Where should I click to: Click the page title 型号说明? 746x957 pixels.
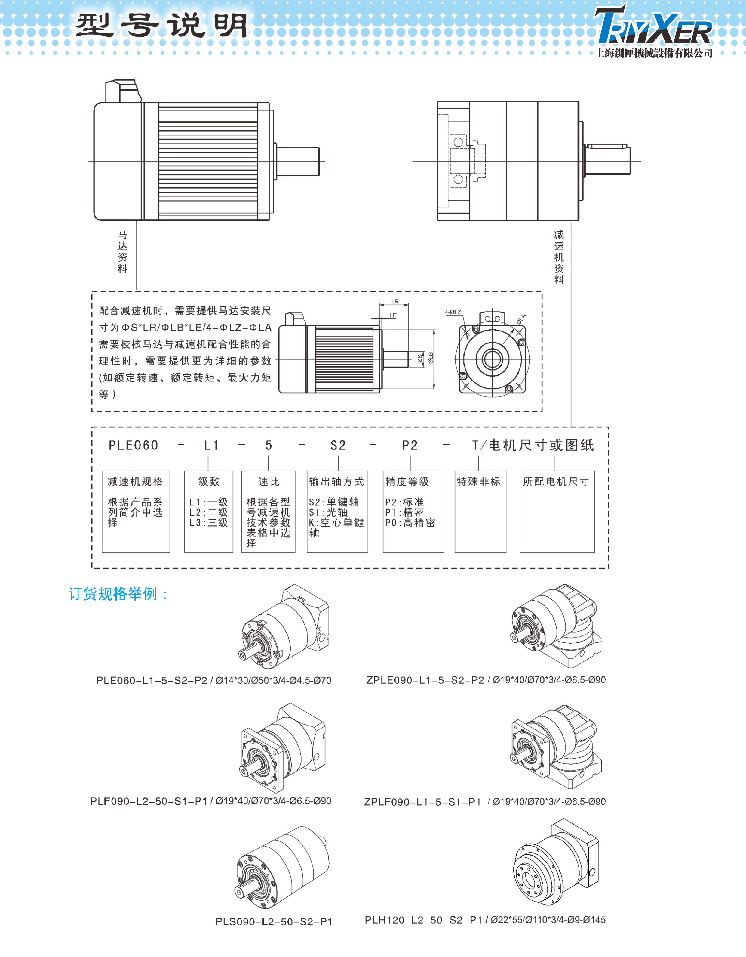(162, 25)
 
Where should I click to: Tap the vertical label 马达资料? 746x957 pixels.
(123, 252)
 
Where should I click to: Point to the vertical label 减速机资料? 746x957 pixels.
(559, 257)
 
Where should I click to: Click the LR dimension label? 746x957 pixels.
(395, 301)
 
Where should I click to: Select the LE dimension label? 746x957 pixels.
(393, 315)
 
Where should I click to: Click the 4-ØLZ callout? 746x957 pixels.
(453, 312)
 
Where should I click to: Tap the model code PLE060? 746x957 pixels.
(134, 445)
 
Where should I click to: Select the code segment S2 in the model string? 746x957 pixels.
(338, 445)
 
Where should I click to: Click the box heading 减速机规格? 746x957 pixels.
(135, 482)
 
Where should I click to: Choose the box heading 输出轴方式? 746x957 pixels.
(336, 482)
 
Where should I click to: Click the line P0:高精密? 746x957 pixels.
(410, 522)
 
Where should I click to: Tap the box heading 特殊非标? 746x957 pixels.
(478, 482)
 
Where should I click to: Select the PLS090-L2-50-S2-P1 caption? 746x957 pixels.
(274, 921)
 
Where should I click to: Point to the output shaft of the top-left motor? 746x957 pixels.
(298, 161)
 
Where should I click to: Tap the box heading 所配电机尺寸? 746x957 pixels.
(556, 482)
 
